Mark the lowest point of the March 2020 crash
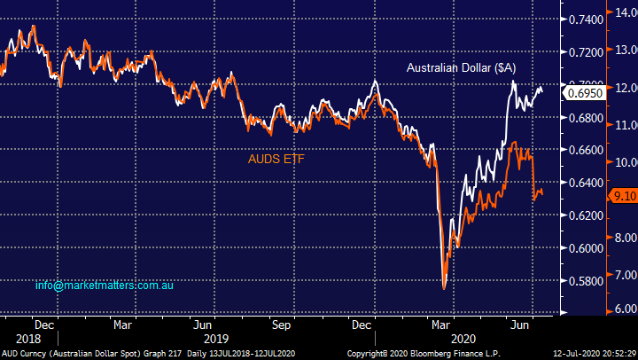pyautogui.click(x=444, y=287)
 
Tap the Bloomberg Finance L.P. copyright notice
pyautogui.click(x=425, y=354)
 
